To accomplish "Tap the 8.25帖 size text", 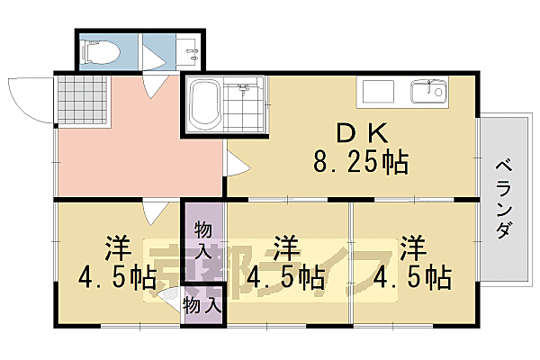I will [361, 163].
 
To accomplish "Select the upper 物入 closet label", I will [203, 241].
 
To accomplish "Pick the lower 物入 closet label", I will [202, 305].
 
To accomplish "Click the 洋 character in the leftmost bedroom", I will [116, 247].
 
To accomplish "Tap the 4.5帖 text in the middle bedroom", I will [285, 275].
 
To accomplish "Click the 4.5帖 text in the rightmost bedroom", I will [413, 275].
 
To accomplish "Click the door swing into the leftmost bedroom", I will [156, 213].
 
